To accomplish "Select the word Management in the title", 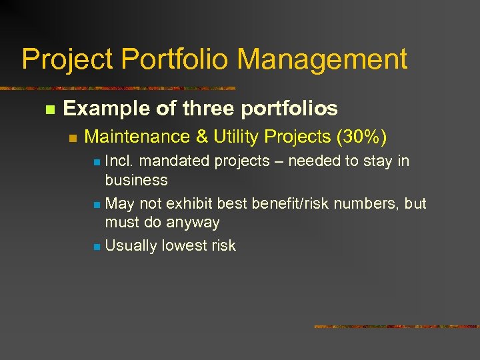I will pos(322,59).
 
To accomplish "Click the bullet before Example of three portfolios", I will pos(48,109).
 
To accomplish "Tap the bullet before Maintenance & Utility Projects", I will pos(73,138).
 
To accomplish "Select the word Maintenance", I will pos(137,137).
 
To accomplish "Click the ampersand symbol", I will pos(202,137).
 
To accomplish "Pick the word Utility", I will pos(236,137).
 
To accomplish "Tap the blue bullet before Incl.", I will pos(97,162).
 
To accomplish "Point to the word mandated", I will pos(173,161).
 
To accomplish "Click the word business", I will pos(136,180).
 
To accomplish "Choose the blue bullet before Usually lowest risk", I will pos(97,247).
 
